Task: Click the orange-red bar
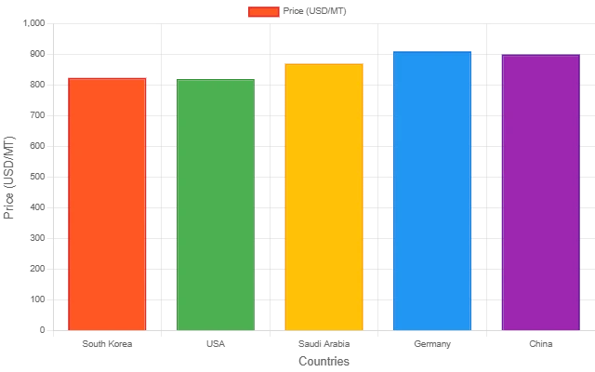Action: [107, 204]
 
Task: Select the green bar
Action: [216, 205]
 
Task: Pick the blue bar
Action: [432, 191]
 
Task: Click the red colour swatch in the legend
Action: [263, 12]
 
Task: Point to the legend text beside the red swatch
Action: [315, 12]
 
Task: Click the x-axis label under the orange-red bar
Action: [107, 343]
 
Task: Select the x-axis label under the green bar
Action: [216, 343]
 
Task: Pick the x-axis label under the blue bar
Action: [432, 343]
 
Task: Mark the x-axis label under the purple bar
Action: [540, 343]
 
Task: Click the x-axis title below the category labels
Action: [324, 363]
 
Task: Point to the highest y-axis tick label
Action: [37, 25]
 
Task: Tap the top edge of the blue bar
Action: [432, 51]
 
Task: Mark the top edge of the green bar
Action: [216, 80]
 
